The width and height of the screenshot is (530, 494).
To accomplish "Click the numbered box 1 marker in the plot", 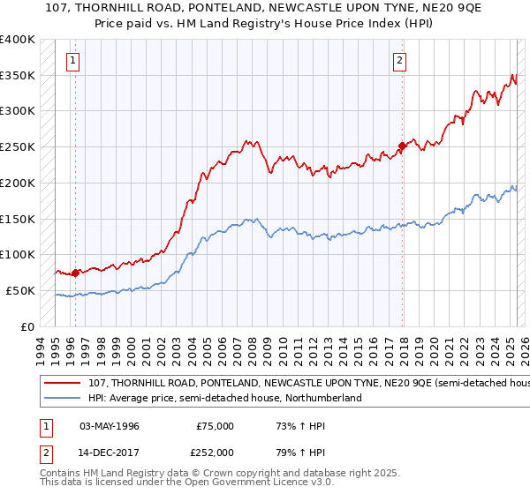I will coord(72,61).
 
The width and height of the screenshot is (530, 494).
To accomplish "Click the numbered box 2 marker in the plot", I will coord(400,61).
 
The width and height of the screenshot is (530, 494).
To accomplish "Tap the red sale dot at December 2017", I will coord(402,146).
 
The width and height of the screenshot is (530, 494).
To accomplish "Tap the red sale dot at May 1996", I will coord(75,273).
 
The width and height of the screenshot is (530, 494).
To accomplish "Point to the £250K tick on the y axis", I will coord(19,146).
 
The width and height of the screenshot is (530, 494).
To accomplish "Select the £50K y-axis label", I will coord(21,290).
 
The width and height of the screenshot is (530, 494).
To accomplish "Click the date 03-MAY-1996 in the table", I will coord(110,426).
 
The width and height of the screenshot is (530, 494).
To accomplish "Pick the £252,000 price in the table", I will coord(216,452).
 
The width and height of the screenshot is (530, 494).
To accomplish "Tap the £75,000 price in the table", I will coord(216,426).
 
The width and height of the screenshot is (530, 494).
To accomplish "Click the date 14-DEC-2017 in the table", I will coord(110,452).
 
